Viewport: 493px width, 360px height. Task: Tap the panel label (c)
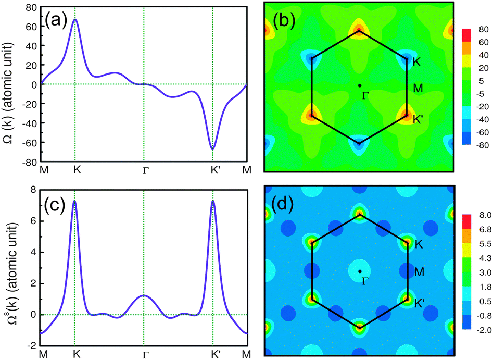[56, 204]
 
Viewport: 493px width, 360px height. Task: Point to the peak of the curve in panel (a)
[75, 20]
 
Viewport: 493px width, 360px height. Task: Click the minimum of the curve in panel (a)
[212, 149]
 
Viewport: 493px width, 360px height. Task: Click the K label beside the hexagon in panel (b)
[416, 62]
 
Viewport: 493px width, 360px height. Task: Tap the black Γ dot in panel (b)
[359, 85]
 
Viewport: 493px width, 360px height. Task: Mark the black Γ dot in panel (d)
[359, 271]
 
